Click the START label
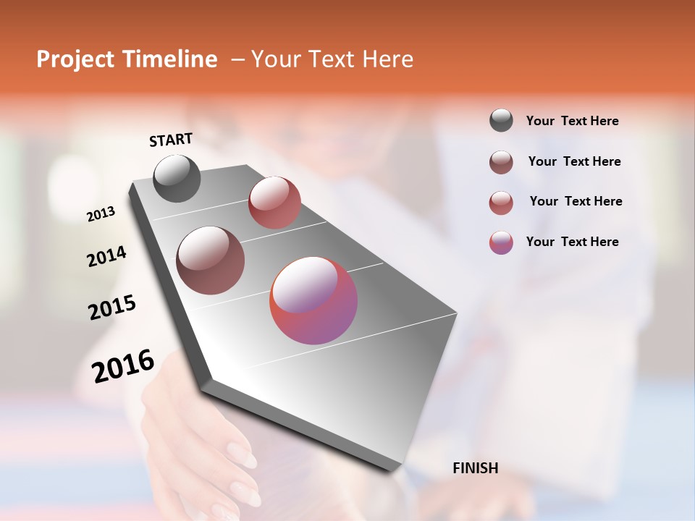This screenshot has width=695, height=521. click(x=171, y=140)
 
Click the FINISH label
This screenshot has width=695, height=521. click(x=475, y=468)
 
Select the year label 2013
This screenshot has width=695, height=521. click(x=101, y=213)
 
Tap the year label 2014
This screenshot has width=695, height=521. click(x=106, y=256)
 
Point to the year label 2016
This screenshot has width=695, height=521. click(x=123, y=365)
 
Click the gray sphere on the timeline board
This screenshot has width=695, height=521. click(x=177, y=178)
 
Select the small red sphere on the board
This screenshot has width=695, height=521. click(x=274, y=203)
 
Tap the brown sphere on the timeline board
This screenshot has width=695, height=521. click(x=211, y=260)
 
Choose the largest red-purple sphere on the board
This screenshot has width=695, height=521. click(x=313, y=300)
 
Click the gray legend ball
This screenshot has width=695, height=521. click(x=501, y=121)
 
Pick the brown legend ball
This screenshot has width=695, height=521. click(x=501, y=162)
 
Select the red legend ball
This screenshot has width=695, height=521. click(x=501, y=203)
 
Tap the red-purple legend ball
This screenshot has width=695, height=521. click(x=501, y=242)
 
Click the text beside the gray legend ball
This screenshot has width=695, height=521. click(x=572, y=122)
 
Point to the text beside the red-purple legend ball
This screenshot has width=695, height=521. click(x=572, y=242)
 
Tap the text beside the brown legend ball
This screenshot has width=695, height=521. click(x=574, y=161)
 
